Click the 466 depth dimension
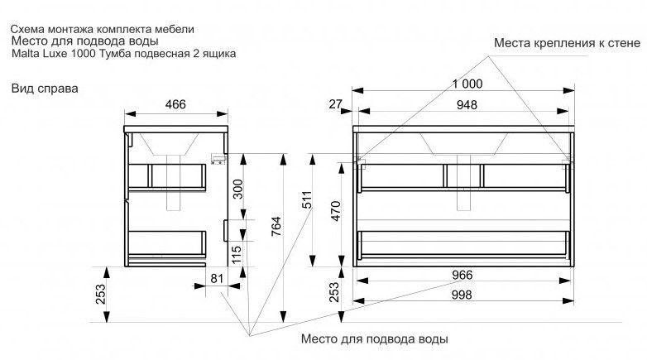(x=173, y=104)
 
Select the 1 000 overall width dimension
(x=465, y=84)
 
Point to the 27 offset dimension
(x=335, y=103)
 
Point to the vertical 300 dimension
(x=237, y=191)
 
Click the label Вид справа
(x=45, y=88)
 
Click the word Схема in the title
(x=30, y=29)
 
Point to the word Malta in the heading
(x=26, y=54)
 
